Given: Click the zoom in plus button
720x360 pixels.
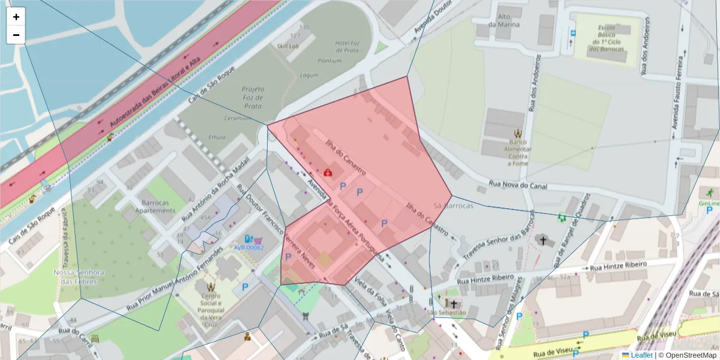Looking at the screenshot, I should (x=16, y=17).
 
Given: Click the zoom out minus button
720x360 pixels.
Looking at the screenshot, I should (x=16, y=35).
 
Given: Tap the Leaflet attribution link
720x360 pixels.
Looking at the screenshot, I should (x=641, y=355).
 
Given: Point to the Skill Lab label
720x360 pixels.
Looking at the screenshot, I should (x=288, y=46).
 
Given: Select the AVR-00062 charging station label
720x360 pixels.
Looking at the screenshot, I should (x=248, y=247).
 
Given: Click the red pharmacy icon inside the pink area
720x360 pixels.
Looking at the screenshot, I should (x=328, y=173).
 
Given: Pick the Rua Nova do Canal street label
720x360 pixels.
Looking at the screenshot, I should (x=518, y=185).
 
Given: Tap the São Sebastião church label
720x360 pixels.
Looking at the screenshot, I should (x=446, y=313).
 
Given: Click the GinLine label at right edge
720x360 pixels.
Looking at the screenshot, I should (x=709, y=203).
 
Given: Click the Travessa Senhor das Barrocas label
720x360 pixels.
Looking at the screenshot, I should (x=497, y=241).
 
